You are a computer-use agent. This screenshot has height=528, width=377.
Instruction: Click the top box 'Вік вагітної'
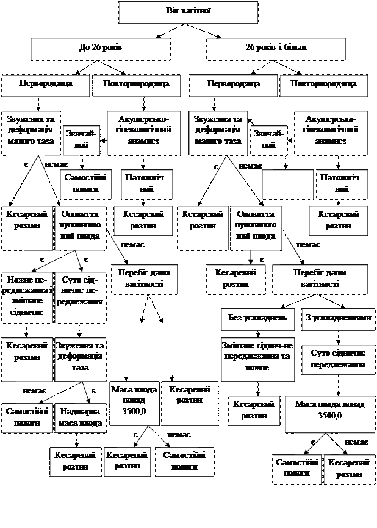click(188, 12)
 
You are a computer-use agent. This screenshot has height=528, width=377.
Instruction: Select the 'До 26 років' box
click(101, 48)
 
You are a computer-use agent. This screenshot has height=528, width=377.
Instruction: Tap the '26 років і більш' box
click(276, 48)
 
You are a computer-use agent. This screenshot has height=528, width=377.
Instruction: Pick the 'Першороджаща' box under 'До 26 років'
click(45, 85)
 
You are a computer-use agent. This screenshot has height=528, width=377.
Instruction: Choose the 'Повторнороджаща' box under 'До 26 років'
click(136, 85)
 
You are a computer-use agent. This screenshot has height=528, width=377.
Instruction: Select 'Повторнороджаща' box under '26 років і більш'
click(323, 85)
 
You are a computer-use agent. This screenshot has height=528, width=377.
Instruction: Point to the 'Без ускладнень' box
click(257, 319)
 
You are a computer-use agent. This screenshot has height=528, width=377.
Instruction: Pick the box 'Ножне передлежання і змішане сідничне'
click(26, 296)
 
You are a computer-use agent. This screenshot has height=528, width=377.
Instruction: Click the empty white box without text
click(287, 184)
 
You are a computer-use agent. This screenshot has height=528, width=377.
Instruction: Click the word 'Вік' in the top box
click(173, 12)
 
